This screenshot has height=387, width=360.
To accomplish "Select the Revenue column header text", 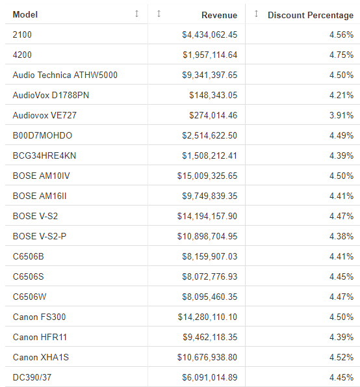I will (219, 15).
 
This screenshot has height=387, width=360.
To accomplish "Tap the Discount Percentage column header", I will (310, 15).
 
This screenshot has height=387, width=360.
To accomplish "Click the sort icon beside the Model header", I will (136, 14).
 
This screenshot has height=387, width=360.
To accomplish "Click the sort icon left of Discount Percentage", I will (256, 14).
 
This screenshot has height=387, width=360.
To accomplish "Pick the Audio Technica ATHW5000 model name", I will (65, 75).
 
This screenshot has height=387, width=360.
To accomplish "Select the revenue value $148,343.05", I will (209, 95).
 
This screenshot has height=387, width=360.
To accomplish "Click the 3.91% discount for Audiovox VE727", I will (341, 115).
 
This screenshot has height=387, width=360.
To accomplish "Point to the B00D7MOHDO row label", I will (42, 135).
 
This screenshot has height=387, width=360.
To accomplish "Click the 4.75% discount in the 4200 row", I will (341, 55).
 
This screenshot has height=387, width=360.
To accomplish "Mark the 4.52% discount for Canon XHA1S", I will (341, 357).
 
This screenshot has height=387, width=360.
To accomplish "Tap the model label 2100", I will (21, 34).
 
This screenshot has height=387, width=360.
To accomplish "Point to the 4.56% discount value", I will (341, 34).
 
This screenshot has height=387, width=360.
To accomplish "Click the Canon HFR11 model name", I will (40, 337).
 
